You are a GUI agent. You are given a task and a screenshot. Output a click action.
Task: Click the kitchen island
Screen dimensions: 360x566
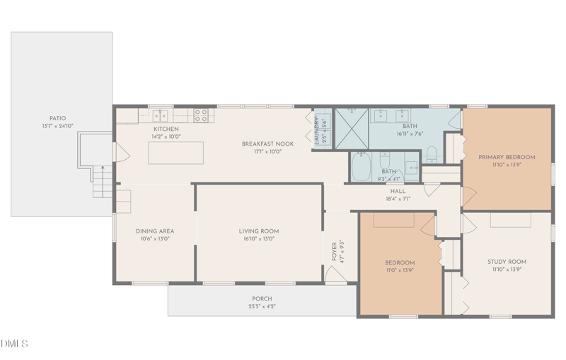[x=175, y=153]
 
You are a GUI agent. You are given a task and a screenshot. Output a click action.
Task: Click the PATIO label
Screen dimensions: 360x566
[x=57, y=118]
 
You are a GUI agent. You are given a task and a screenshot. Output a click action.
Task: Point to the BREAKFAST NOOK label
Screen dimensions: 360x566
[x=267, y=144]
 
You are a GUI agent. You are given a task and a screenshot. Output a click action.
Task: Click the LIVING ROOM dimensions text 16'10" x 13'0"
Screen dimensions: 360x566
[x=258, y=239]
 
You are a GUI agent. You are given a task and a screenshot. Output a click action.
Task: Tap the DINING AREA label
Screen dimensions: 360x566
[x=155, y=231]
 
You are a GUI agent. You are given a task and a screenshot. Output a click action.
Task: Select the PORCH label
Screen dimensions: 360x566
[x=262, y=298]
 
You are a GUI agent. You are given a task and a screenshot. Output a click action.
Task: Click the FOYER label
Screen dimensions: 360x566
[x=334, y=251]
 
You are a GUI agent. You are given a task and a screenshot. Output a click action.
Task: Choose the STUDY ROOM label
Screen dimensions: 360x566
[x=507, y=262]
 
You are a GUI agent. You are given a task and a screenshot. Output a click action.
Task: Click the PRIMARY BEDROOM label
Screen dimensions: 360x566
[x=507, y=157]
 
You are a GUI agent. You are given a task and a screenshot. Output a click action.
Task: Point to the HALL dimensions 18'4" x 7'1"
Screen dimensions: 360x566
[x=397, y=199]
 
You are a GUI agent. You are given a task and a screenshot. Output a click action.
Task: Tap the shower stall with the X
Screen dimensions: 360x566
[x=351, y=127]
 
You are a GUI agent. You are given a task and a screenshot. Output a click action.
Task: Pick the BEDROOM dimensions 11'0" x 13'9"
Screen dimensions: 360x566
[x=400, y=271]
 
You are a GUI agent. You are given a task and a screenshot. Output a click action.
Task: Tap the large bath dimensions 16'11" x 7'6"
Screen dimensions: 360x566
[x=410, y=134]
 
